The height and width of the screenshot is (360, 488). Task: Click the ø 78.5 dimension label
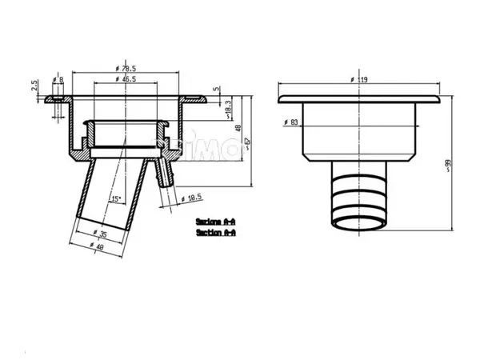pyautogui.click(x=126, y=69)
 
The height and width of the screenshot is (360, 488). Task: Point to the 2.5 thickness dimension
pyautogui.click(x=35, y=86)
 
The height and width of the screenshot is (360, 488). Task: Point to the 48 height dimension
pyautogui.click(x=238, y=127)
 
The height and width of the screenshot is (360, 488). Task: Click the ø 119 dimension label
pyautogui.click(x=358, y=80)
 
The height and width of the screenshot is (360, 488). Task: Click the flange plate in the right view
pyautogui.click(x=358, y=99)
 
